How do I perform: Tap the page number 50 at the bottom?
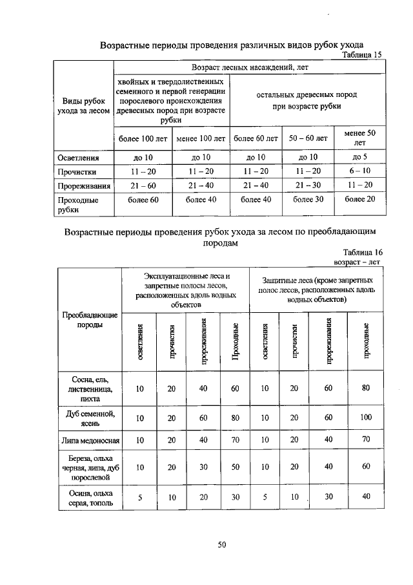221,545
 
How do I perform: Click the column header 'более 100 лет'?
143,138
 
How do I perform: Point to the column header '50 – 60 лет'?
308,138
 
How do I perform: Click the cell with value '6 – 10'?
360,171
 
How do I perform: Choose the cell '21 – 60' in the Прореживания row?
143,186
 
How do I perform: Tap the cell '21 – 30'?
308,186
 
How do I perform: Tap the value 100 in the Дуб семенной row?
366,418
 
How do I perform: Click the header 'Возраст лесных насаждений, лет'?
249,67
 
